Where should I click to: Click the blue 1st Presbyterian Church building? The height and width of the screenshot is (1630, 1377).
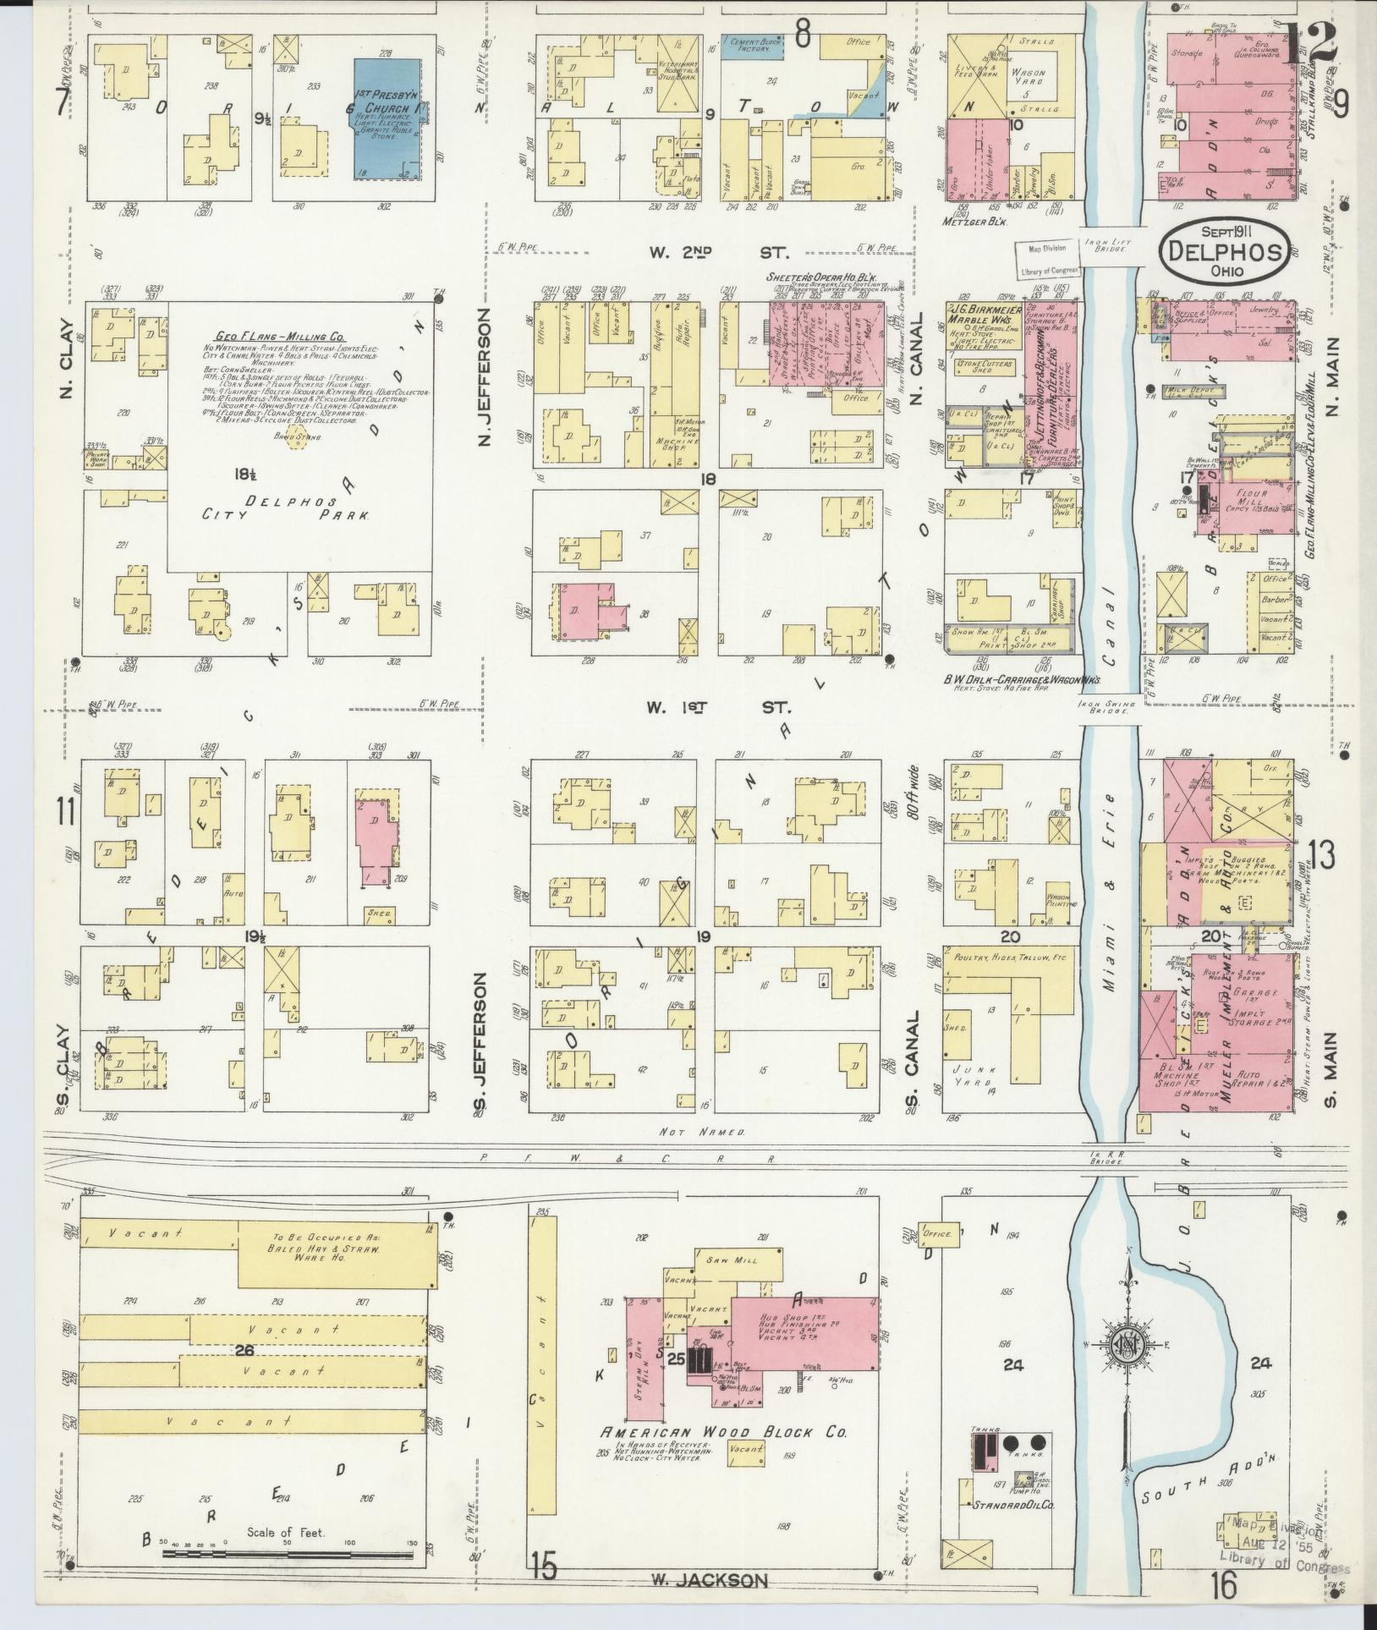click(x=387, y=118)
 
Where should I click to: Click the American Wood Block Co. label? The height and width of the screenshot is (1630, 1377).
click(x=723, y=1432)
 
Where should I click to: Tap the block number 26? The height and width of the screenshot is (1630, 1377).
click(x=244, y=1350)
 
